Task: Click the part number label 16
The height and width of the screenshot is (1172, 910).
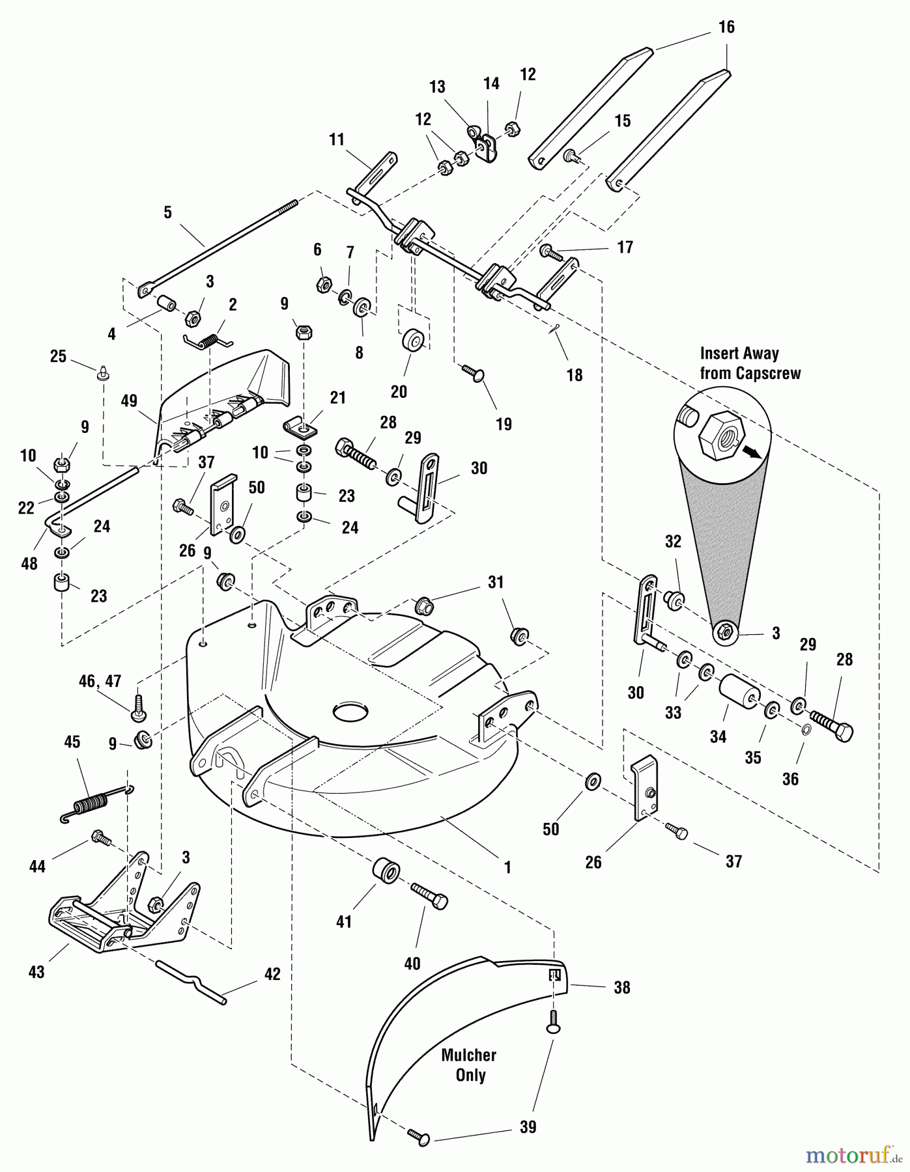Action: coord(726,27)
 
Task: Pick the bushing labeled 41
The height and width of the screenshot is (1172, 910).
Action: coord(385,870)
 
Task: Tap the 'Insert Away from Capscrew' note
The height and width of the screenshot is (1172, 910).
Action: coord(749,363)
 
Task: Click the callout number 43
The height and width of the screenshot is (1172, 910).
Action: coord(36,971)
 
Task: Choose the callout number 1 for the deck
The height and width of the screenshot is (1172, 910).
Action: coord(507,867)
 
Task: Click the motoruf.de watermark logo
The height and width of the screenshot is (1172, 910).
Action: coord(853,1155)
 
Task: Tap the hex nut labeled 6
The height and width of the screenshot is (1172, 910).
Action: coord(321,284)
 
